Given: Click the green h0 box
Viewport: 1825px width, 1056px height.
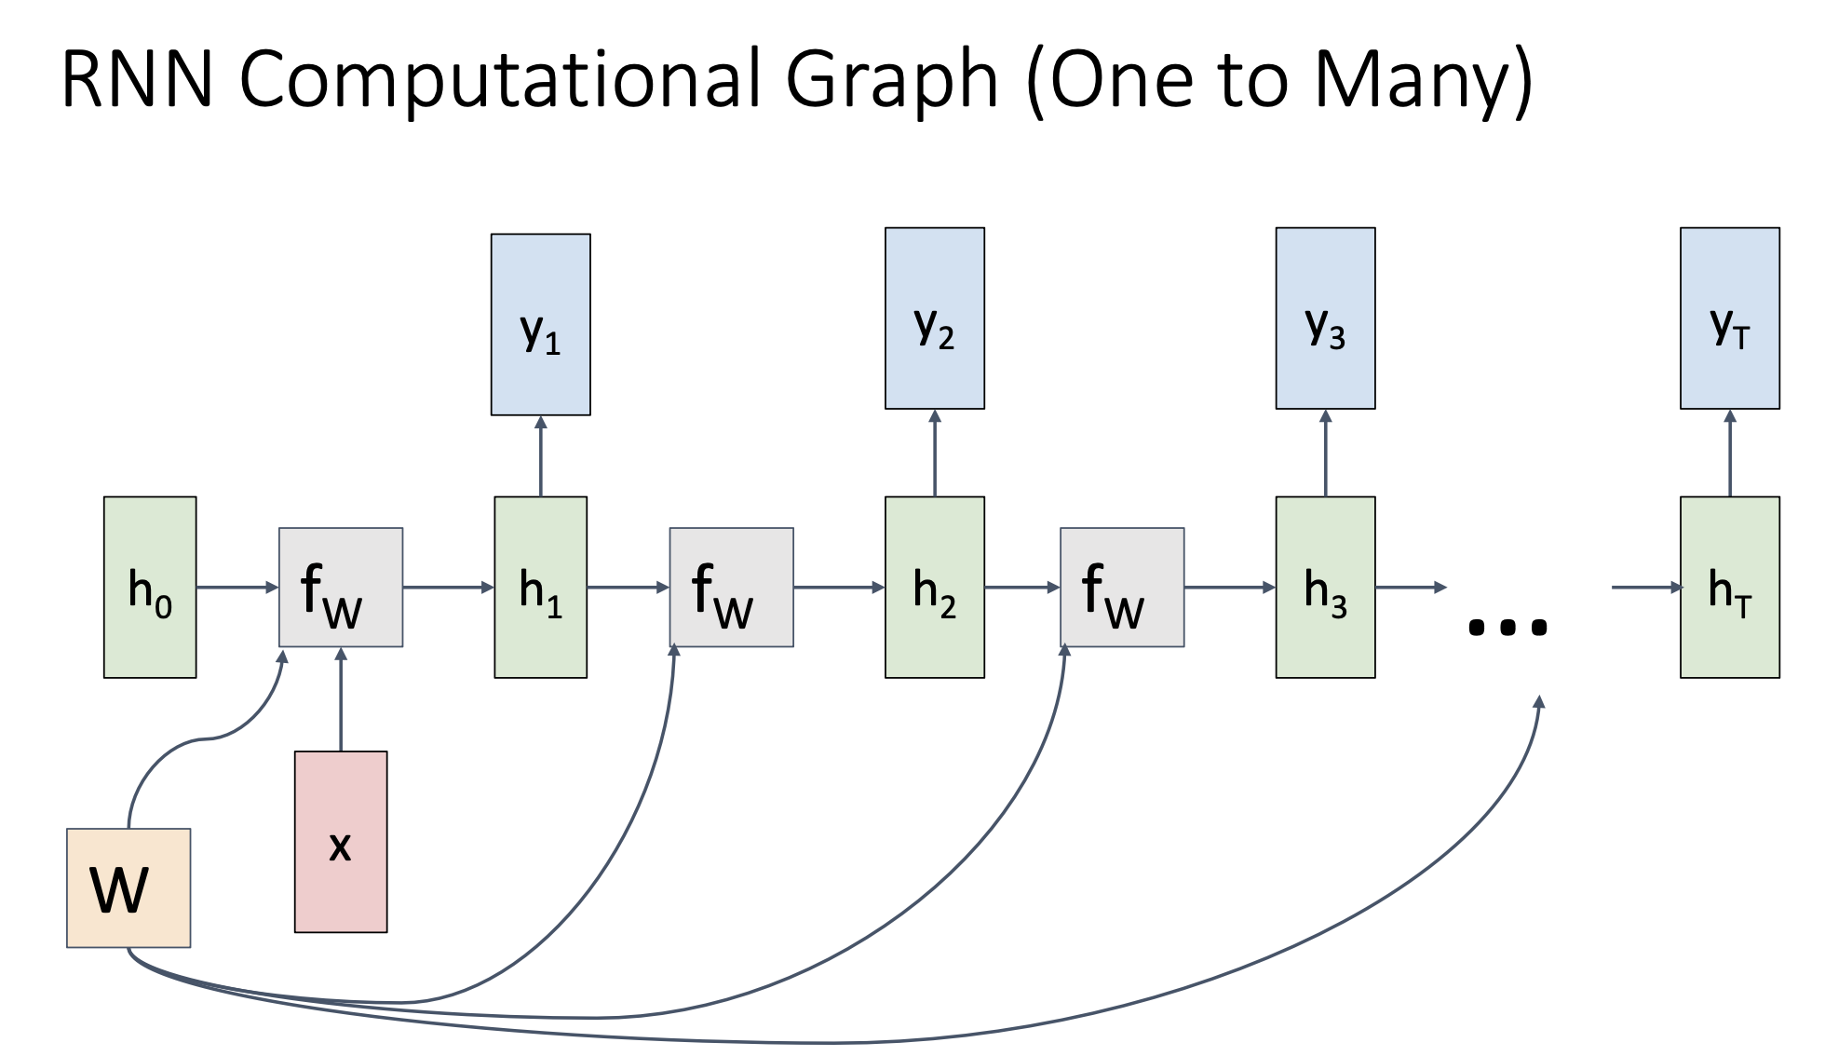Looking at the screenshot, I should (150, 587).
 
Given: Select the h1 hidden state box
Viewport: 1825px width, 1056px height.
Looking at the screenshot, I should (540, 587).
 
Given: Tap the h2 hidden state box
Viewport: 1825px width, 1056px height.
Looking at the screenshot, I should (934, 587).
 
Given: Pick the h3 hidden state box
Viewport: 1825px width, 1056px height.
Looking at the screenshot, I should (1325, 587).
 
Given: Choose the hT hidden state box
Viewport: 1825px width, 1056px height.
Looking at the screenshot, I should (1729, 587).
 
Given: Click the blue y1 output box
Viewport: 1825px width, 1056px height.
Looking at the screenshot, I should (540, 324).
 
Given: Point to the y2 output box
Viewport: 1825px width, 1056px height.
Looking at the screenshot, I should (934, 318).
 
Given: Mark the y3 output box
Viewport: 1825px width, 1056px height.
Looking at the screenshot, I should (1325, 318).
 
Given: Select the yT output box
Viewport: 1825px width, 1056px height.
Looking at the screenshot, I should (1729, 318).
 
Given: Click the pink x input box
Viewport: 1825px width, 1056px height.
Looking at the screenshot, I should (341, 841).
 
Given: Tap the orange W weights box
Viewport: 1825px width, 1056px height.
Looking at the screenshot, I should (128, 887).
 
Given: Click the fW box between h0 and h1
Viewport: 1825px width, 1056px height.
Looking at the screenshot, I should (341, 587).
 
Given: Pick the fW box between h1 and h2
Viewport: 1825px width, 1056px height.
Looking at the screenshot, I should (731, 587).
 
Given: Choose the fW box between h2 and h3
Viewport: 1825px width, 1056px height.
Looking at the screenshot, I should (1122, 587).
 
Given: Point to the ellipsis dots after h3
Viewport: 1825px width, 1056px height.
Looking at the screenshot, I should (1507, 627).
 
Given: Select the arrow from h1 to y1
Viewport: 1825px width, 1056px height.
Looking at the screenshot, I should (540, 456).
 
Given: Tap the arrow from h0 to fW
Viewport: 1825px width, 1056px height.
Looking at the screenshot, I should (237, 587).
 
